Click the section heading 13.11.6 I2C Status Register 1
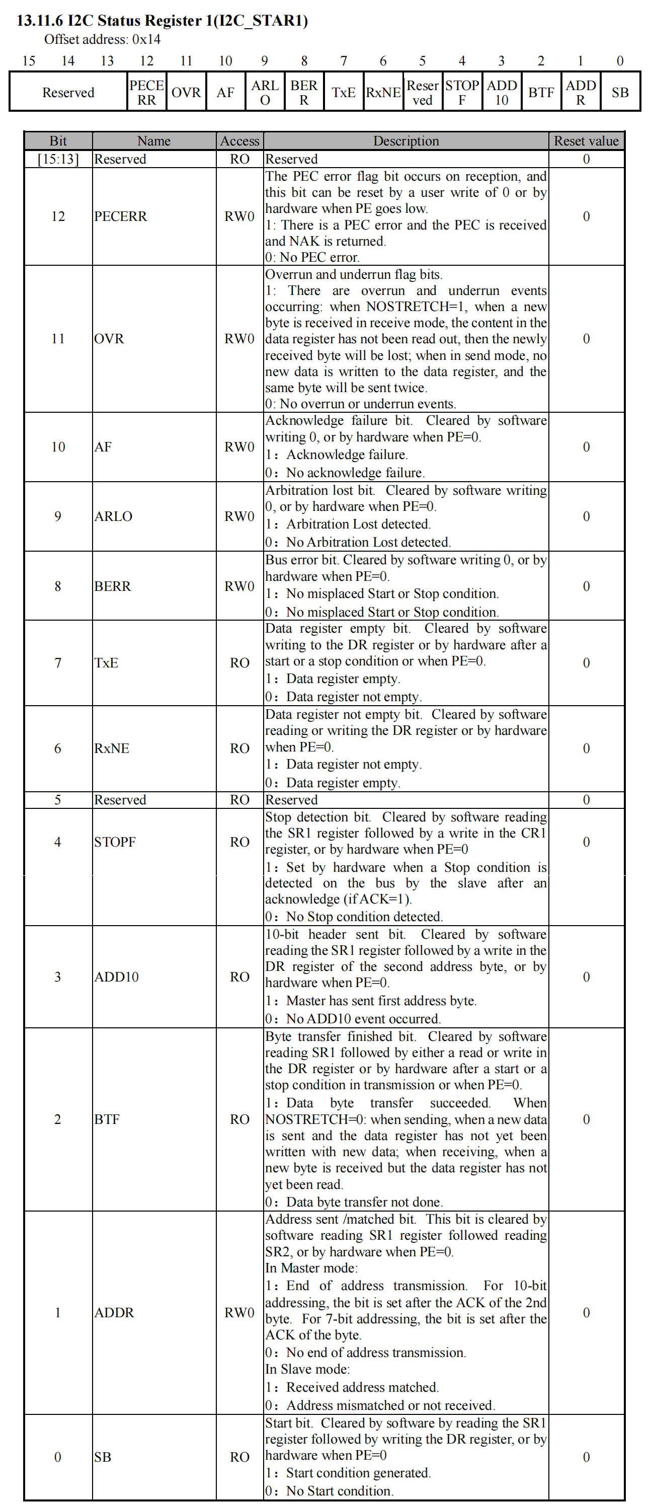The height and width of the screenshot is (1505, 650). (162, 21)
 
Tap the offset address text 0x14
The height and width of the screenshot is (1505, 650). (102, 39)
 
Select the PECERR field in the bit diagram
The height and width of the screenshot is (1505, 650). (146, 92)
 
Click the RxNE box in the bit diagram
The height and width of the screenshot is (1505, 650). (383, 92)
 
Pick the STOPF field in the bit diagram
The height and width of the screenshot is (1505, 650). (462, 92)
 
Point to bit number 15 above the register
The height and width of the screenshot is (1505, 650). (29, 61)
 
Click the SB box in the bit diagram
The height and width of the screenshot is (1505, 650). (620, 92)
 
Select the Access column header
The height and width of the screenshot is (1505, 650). (239, 141)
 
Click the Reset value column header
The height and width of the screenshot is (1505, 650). (586, 141)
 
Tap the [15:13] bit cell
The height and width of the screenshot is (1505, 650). (58, 159)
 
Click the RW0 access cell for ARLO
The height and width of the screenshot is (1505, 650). (239, 516)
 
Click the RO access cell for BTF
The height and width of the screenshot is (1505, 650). (239, 1119)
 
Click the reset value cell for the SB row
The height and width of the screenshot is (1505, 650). (586, 1457)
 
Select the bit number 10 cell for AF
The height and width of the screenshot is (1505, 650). (58, 447)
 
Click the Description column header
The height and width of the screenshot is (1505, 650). (406, 141)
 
